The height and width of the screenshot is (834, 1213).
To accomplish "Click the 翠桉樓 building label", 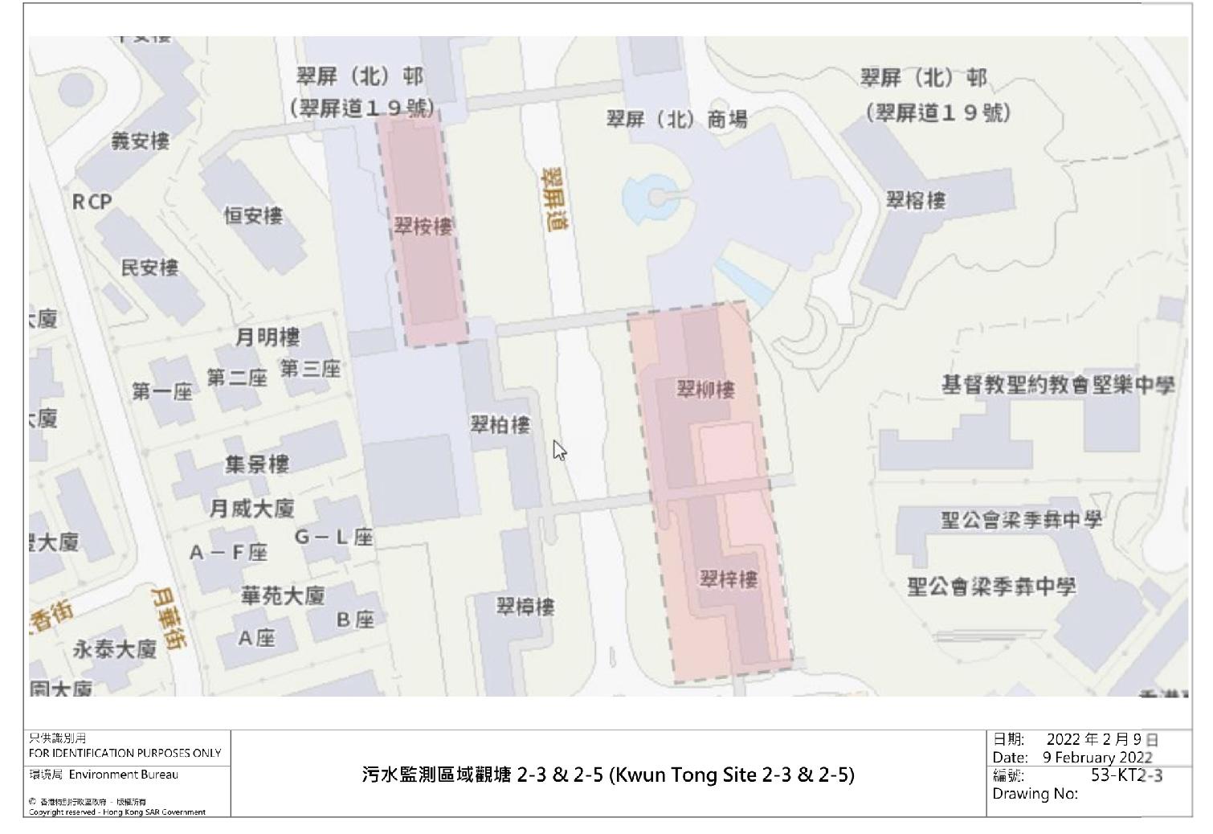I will [423, 227].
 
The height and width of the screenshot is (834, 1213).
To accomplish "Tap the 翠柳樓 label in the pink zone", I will [706, 390].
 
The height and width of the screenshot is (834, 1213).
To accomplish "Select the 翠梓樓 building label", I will [729, 579].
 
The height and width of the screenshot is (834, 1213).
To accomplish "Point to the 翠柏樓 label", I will [500, 424].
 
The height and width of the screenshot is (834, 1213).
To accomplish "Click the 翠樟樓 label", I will [525, 607].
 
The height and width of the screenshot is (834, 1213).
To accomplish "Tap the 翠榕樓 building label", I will [916, 200].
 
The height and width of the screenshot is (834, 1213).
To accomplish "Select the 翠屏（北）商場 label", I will [676, 120].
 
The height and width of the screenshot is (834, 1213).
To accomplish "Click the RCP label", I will [92, 202].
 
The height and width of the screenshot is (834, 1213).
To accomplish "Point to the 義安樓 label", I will [141, 142].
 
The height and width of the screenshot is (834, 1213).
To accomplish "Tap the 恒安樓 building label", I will [253, 215].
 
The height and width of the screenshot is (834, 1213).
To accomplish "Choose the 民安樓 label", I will [149, 268].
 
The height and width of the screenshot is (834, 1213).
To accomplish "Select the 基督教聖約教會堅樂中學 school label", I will [1058, 385].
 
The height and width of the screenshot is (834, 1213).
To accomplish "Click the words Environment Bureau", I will [124, 775].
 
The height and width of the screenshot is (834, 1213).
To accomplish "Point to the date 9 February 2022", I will [1097, 757].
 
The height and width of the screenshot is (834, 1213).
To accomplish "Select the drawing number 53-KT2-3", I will [1126, 775].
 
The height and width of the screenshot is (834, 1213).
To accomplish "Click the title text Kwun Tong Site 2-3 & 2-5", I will [732, 775].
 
